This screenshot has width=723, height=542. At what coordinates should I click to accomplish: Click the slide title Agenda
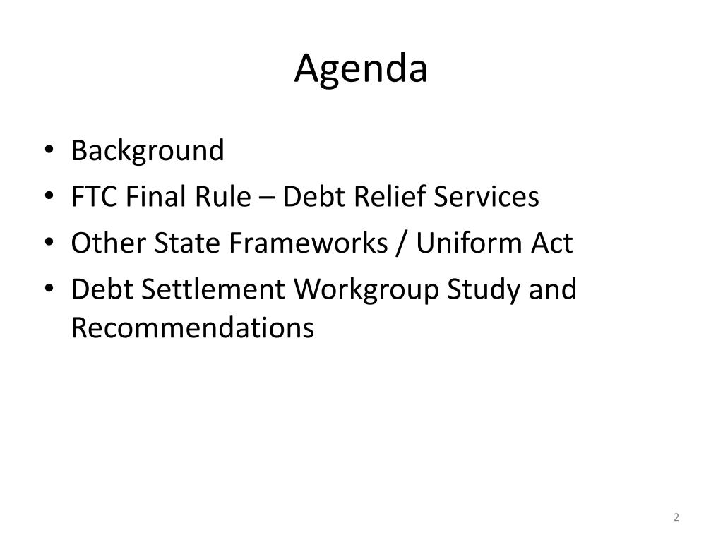point(361,70)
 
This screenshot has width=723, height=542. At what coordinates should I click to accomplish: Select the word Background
point(148,151)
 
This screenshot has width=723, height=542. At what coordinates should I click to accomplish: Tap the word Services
point(486,197)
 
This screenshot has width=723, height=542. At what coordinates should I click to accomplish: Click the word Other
point(108,243)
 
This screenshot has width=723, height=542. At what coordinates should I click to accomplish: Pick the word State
point(186,243)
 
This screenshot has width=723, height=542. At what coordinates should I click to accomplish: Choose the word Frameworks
point(309,243)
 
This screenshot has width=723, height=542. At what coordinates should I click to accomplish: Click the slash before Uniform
point(402,243)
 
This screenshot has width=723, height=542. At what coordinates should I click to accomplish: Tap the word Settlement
point(213,289)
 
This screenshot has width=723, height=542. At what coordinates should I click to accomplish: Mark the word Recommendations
point(193,327)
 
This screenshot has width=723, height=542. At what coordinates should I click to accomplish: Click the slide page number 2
point(676,517)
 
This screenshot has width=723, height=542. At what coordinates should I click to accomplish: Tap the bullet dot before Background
point(49,150)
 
